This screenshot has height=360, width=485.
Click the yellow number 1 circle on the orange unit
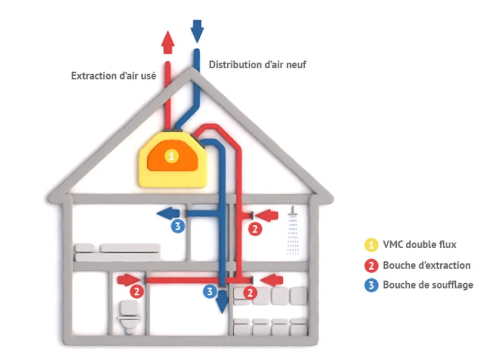172,156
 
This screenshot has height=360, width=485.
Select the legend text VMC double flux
420,244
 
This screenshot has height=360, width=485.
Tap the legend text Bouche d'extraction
427,265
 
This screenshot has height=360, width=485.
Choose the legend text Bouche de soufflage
428,285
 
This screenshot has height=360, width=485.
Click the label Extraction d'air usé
113,75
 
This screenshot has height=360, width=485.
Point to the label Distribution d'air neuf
257,64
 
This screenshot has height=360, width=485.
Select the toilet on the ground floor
128,317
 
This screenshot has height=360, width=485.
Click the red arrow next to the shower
269,216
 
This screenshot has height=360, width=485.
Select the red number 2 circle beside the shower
255,229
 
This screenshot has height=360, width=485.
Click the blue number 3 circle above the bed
177,226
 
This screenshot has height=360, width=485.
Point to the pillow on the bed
85,248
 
